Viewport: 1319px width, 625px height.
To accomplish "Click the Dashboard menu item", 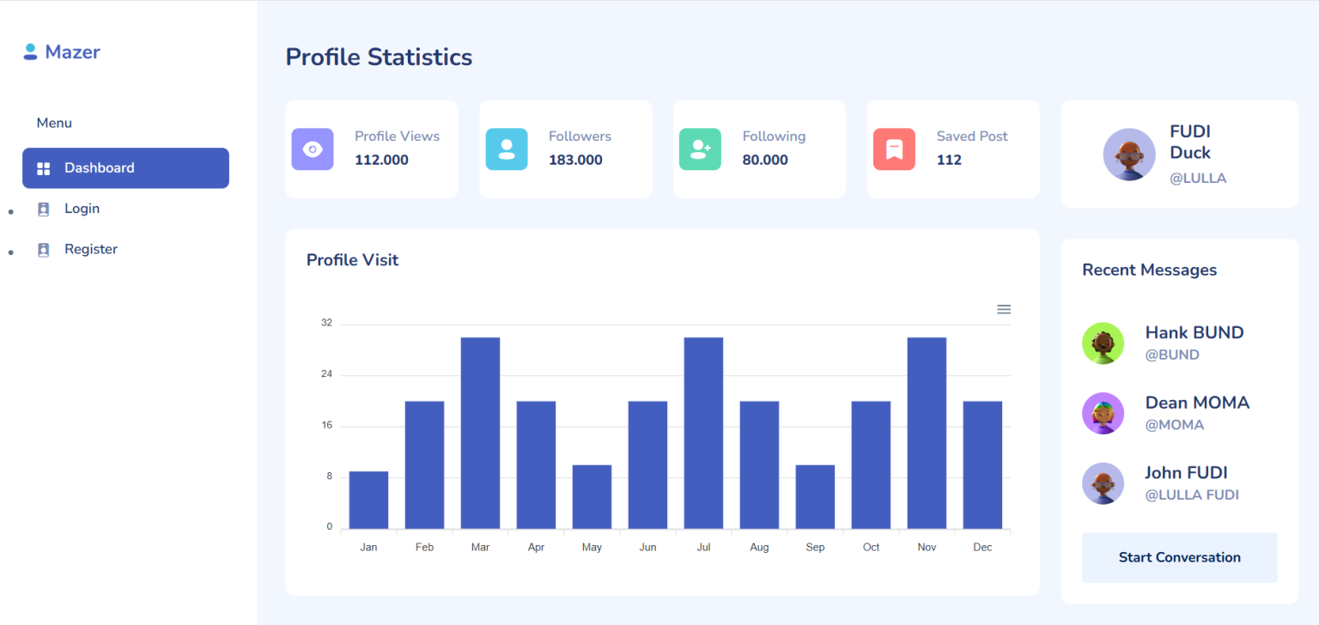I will coord(125,168).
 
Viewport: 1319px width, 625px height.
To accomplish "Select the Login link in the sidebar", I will coord(82,209).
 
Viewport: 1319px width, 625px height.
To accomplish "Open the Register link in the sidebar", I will coord(90,249).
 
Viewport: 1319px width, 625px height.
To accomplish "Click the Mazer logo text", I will coord(72,52).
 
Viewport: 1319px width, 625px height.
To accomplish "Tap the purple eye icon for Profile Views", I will coord(313,149).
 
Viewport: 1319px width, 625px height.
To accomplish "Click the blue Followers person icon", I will coord(507,149).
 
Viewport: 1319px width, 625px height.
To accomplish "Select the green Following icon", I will coord(700,149).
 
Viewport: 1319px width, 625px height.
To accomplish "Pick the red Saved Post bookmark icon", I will coord(894,149).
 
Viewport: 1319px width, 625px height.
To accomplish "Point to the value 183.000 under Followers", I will coord(575,161).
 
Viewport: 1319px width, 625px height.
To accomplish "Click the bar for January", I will coord(368,501).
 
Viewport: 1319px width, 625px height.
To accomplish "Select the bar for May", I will coord(592,497).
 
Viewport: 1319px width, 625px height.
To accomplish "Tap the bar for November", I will coord(927,433).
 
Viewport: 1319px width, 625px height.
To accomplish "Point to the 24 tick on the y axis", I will coord(326,374).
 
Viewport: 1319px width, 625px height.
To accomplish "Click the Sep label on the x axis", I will coord(815,548).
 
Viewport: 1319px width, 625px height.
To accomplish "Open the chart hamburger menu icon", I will coord(1003,309).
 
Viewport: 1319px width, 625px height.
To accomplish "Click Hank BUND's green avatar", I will coord(1103,343).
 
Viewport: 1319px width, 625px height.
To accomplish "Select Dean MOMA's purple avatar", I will coord(1103,413).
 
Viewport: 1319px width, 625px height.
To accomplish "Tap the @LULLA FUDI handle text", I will coord(1191,495).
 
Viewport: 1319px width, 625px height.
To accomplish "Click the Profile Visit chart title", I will coord(352,260).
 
